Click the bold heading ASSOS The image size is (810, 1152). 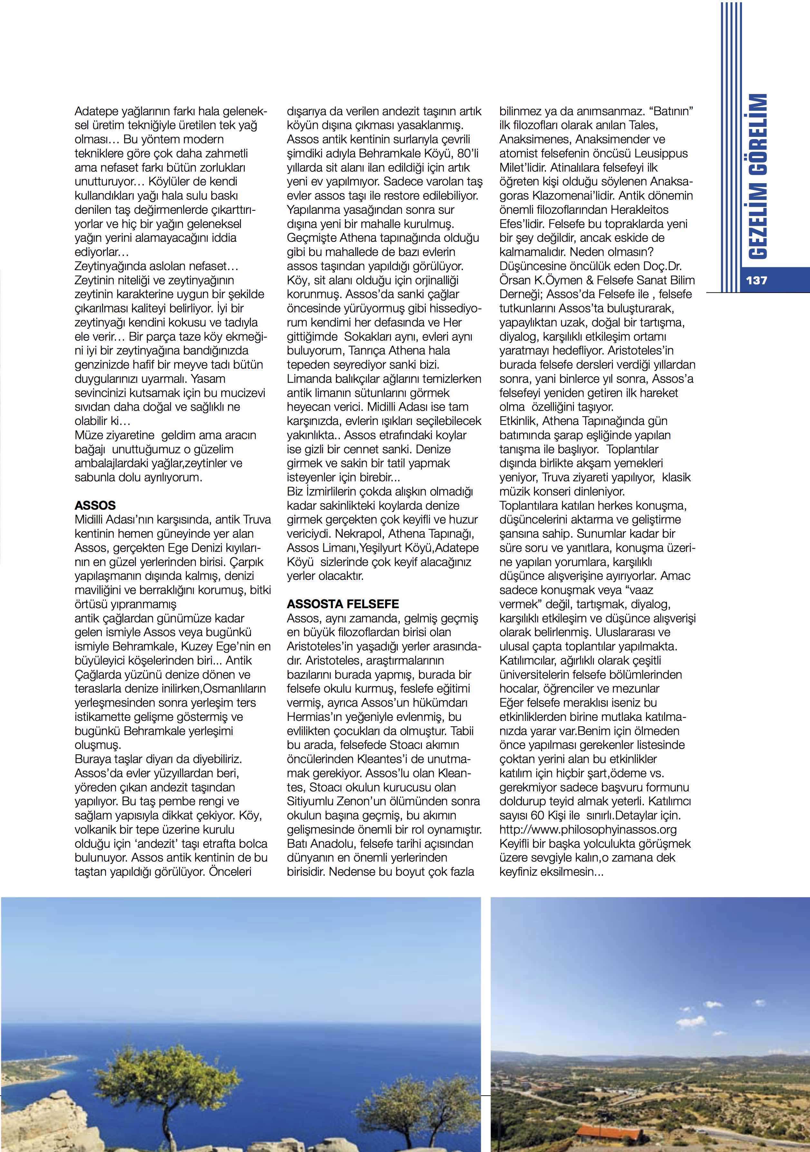click(95, 505)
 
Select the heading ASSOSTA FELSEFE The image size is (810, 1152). click(343, 604)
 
